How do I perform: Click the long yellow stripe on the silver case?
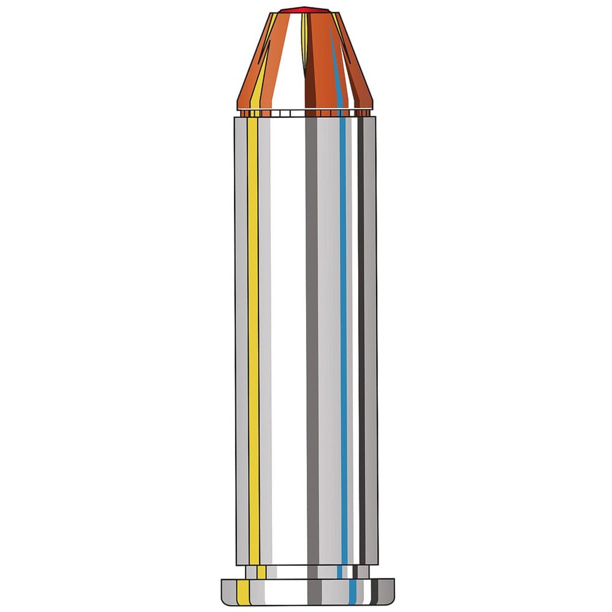[x=253, y=335]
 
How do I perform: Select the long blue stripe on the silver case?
[x=343, y=335]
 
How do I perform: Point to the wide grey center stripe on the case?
[x=311, y=335]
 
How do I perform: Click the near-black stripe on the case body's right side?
[x=361, y=335]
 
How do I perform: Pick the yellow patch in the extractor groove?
[x=261, y=572]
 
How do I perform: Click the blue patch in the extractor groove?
[x=340, y=572]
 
